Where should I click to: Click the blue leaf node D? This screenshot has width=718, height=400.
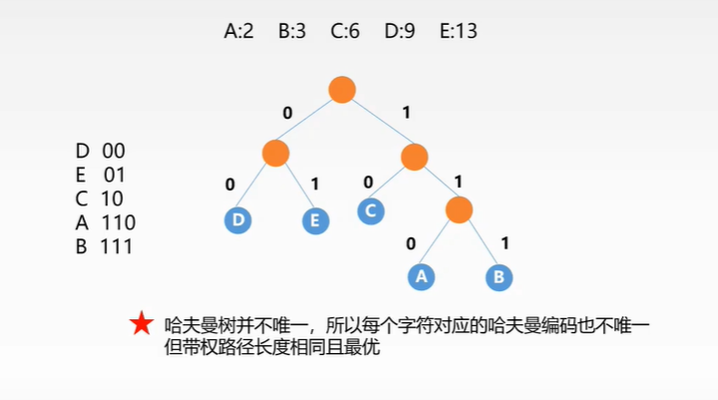(237, 219)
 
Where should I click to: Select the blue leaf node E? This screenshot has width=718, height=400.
(315, 219)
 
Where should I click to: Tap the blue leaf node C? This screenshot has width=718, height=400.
(371, 210)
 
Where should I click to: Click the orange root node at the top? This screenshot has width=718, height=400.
(342, 89)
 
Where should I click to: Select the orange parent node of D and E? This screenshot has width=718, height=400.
(276, 153)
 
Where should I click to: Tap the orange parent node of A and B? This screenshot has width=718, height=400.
(459, 209)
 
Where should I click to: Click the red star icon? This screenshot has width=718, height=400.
(142, 323)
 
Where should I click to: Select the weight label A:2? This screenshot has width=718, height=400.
(239, 31)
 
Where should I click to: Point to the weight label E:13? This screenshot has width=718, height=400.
(459, 31)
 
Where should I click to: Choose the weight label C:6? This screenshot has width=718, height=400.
(345, 31)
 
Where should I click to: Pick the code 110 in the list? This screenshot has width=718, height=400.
(118, 222)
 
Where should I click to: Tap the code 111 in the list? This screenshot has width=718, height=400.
(117, 245)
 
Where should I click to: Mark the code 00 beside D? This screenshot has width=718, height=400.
(113, 151)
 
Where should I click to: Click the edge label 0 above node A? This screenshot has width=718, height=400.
(411, 243)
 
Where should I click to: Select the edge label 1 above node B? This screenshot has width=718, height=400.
(505, 242)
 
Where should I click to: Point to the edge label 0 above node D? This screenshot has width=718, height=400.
(230, 185)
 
